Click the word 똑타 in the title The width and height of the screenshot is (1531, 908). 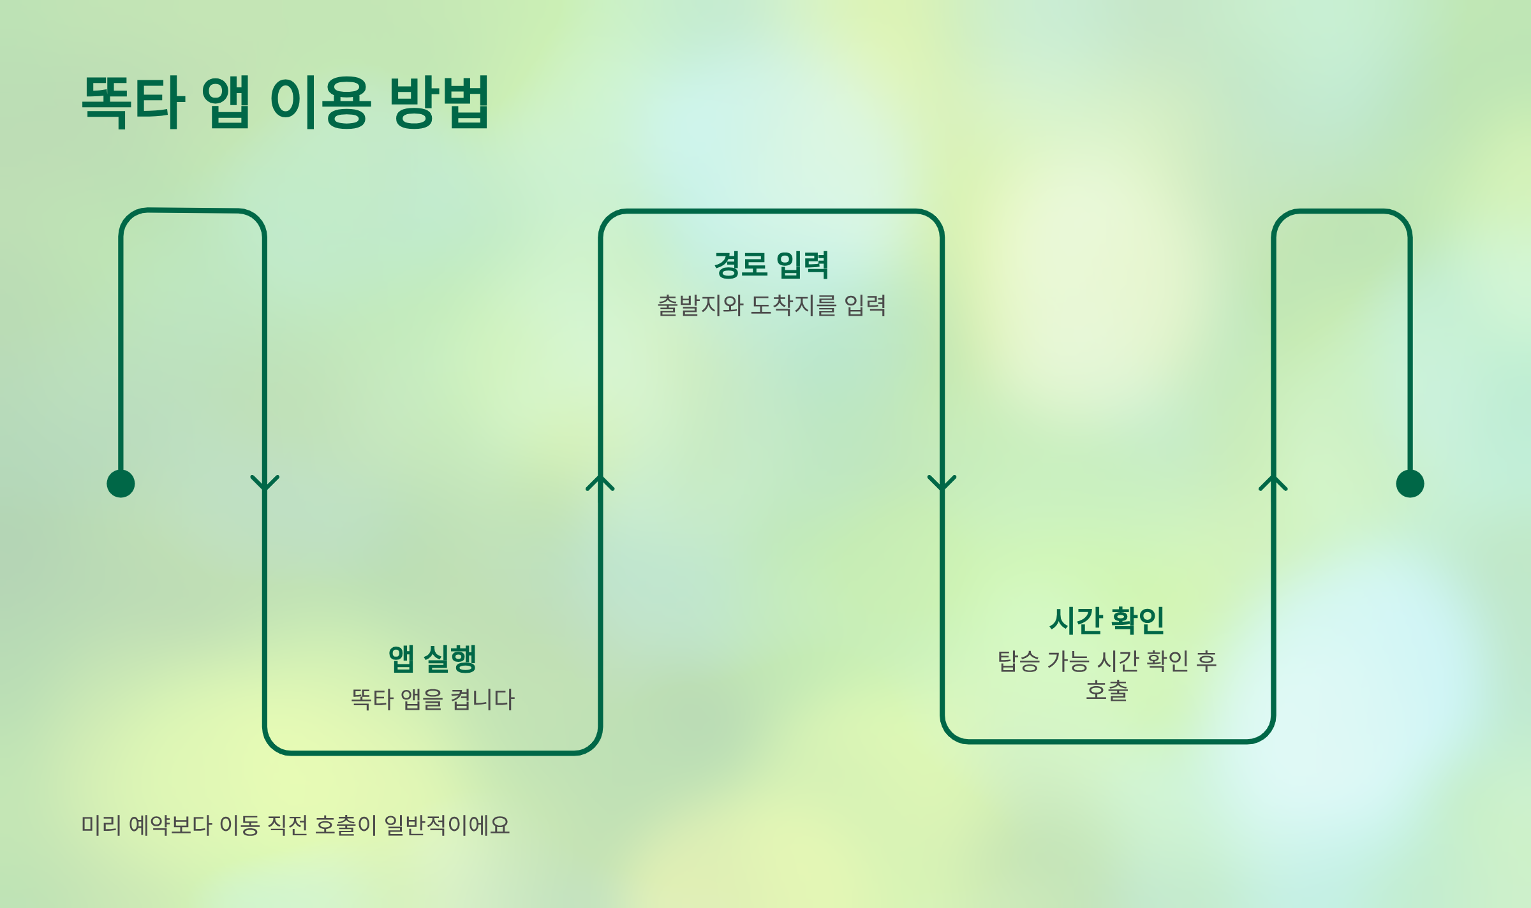click(x=133, y=102)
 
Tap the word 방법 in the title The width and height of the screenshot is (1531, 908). click(x=439, y=102)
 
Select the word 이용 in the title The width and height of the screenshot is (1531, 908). click(x=320, y=102)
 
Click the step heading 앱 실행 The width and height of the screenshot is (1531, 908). click(x=433, y=659)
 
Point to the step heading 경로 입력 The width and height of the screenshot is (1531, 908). click(x=771, y=265)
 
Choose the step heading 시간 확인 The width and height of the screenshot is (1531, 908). click(x=1107, y=620)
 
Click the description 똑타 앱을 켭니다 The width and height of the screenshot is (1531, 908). click(x=433, y=699)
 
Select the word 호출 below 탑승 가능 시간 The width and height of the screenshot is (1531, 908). click(x=1107, y=691)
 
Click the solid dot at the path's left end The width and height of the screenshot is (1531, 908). click(x=121, y=483)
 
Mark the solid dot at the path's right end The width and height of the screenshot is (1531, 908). click(x=1410, y=483)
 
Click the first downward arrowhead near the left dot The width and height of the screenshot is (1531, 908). click(x=265, y=483)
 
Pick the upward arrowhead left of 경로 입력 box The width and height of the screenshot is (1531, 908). click(x=600, y=483)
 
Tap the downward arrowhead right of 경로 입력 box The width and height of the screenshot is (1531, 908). click(x=942, y=483)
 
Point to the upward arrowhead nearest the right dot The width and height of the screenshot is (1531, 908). click(x=1273, y=483)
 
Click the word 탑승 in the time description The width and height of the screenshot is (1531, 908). click(x=1018, y=661)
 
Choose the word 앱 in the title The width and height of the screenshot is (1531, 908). click(x=226, y=102)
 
